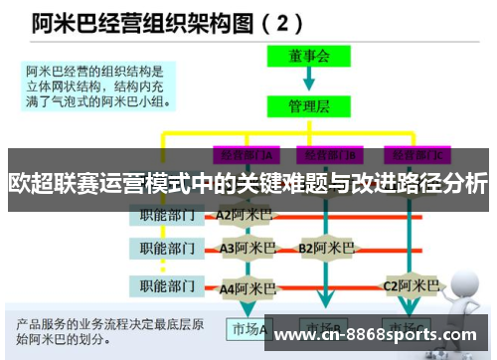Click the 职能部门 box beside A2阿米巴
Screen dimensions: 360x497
coord(166,214)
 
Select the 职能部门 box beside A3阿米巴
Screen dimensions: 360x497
coord(166,247)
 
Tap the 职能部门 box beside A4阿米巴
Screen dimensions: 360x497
coord(166,286)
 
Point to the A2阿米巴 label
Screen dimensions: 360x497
coord(245,214)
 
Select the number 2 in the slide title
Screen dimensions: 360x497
coord(284,21)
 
